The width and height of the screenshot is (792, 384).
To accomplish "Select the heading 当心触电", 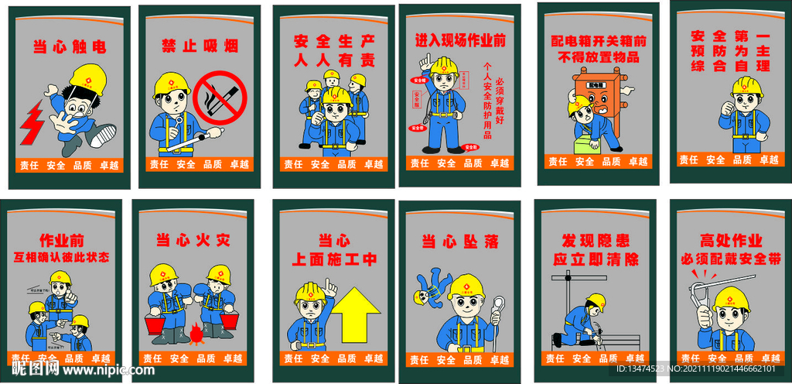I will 69,46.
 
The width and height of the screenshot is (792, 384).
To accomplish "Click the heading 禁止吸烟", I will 200,45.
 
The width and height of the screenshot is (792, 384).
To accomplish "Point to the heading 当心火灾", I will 193,240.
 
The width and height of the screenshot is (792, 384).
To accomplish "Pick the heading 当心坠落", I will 459,242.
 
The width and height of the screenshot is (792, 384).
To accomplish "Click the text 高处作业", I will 730,240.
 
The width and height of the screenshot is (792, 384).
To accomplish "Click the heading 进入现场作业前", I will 459,39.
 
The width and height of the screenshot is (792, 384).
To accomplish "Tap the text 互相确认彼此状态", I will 62,256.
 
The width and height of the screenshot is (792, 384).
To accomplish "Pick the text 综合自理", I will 730,66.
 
